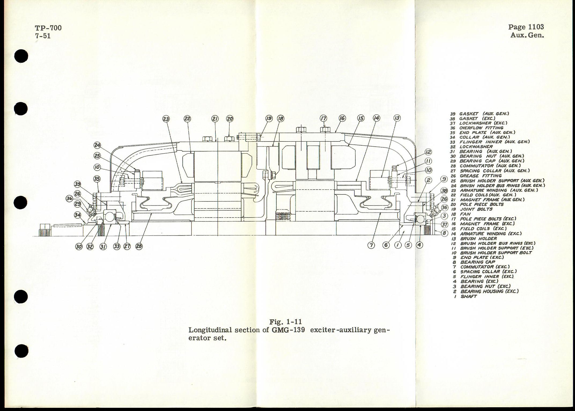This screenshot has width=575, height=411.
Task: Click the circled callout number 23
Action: [x=166, y=119]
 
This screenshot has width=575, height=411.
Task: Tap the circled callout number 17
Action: [x=324, y=118]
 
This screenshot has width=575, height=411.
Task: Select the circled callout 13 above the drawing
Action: [x=397, y=118]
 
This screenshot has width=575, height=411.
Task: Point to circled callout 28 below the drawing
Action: [x=139, y=247]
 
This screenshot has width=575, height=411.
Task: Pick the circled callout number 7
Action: [x=371, y=245]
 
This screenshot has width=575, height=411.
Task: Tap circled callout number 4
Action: [x=420, y=245]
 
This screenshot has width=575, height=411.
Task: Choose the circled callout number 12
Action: [x=428, y=152]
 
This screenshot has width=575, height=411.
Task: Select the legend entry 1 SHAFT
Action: [x=466, y=296]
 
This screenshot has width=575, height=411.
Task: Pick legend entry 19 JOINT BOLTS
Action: [x=472, y=209]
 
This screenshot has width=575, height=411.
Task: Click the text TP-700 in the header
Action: [x=48, y=28]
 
